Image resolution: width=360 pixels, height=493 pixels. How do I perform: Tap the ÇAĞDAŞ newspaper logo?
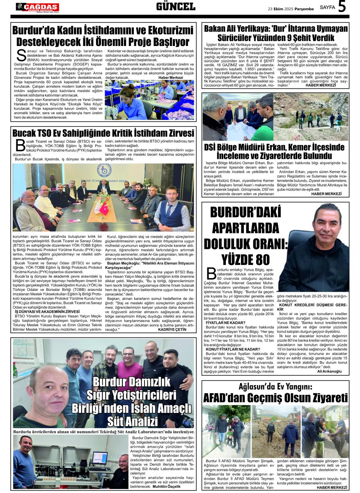(37, 7)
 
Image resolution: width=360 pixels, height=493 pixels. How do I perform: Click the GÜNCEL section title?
(176, 7)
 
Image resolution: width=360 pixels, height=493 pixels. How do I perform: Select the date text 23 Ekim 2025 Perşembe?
(291, 9)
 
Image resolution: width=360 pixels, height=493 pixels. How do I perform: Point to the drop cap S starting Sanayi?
(21, 56)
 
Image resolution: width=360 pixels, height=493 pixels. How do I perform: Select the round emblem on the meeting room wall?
(104, 170)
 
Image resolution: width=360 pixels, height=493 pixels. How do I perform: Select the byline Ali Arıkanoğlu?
(329, 371)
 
